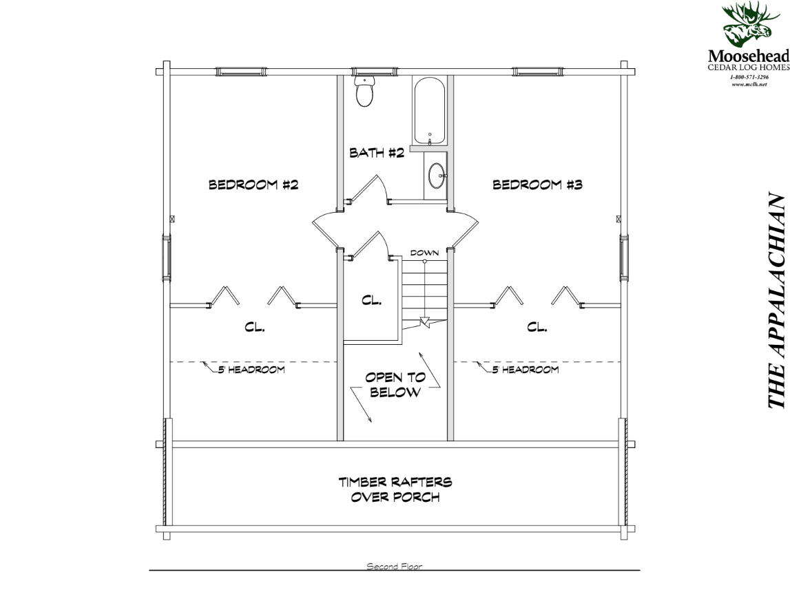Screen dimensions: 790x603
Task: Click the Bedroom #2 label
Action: click(x=253, y=184)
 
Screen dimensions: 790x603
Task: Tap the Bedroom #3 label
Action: click(x=538, y=184)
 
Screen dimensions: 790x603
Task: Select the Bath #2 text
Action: click(x=376, y=153)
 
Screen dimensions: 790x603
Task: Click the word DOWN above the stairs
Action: click(x=424, y=253)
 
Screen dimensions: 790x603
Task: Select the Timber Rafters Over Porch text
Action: click(x=395, y=489)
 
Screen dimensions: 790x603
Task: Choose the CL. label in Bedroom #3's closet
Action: click(x=537, y=328)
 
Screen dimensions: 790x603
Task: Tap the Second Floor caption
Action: click(x=394, y=567)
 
